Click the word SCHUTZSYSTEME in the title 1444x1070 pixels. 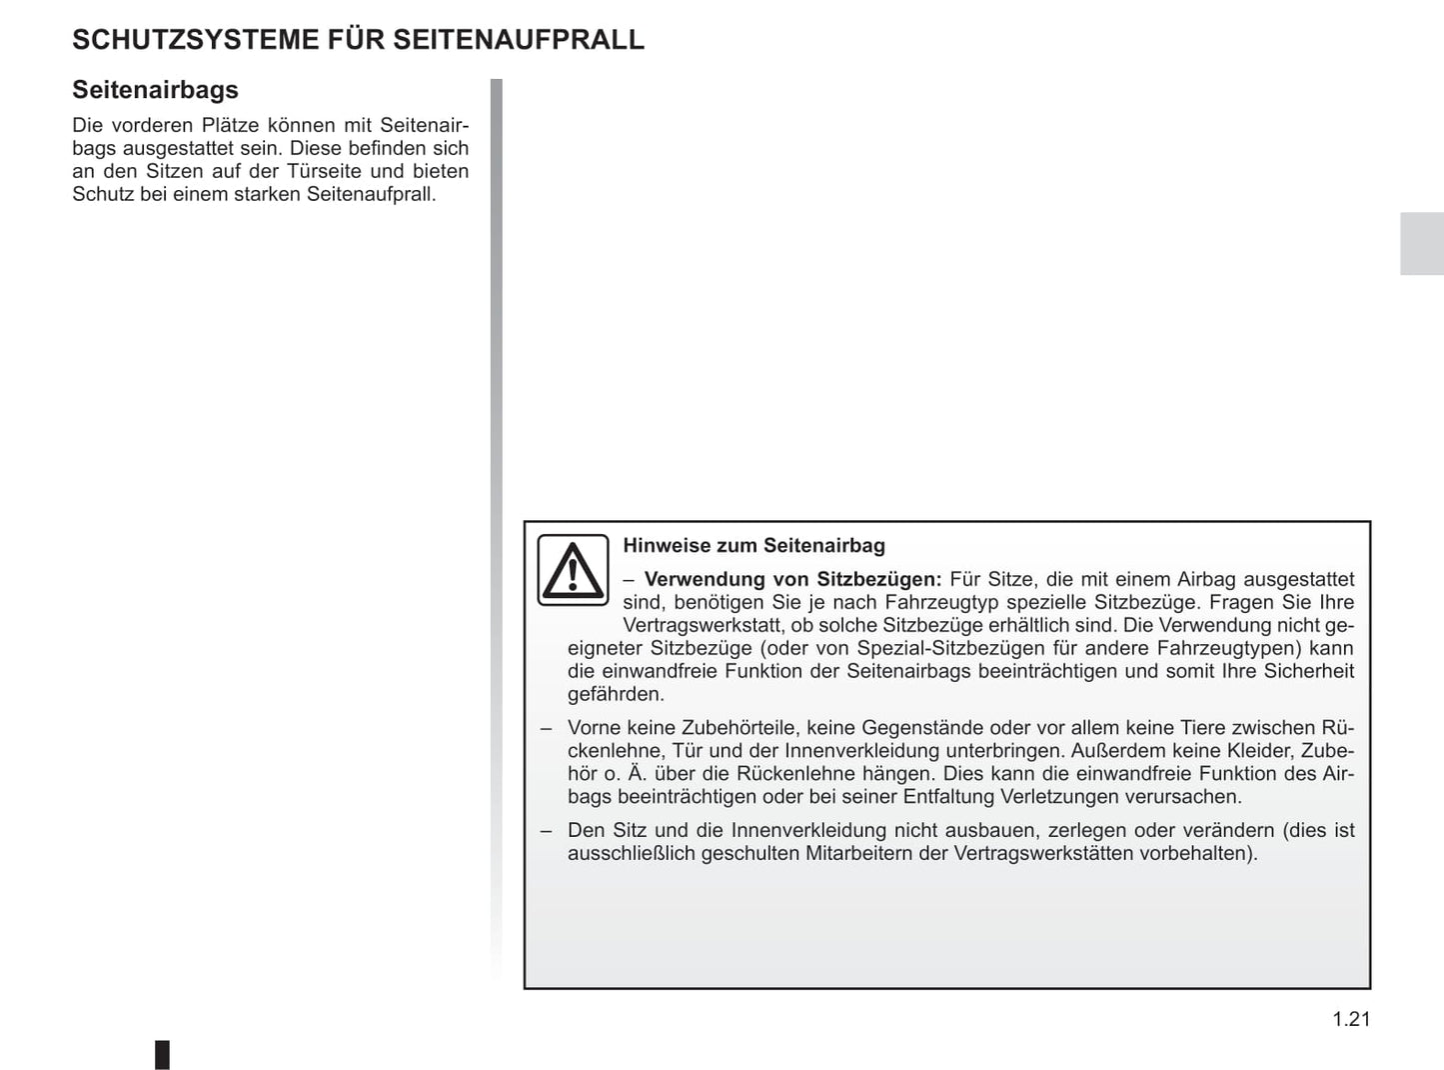click(196, 40)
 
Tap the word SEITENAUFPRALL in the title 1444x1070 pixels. click(518, 40)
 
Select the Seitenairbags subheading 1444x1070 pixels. click(155, 90)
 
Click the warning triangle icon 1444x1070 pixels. click(573, 570)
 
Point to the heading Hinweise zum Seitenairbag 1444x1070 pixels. click(753, 546)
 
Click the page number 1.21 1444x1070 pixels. click(1351, 1019)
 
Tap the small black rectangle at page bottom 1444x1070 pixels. click(162, 1054)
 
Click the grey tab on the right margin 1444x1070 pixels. click(1421, 244)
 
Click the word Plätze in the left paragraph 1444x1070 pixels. click(230, 125)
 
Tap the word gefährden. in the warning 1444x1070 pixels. click(616, 694)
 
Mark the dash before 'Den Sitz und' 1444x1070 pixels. click(546, 830)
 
